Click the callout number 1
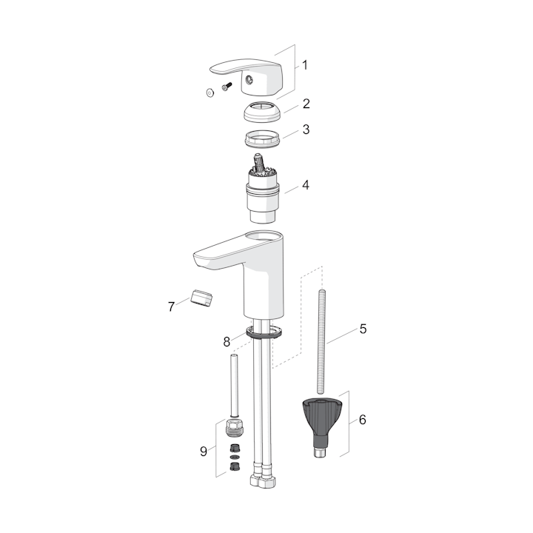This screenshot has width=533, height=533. [305, 65]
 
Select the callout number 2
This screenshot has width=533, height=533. [306, 104]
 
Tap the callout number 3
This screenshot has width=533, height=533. [306, 130]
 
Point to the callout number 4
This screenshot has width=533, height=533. [306, 185]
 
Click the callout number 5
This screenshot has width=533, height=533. [363, 329]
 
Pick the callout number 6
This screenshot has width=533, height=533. [363, 420]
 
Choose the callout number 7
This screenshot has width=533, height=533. [171, 307]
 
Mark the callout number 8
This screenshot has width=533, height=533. [227, 341]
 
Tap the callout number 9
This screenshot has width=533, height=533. [204, 452]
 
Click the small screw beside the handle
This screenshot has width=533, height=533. [227, 86]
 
